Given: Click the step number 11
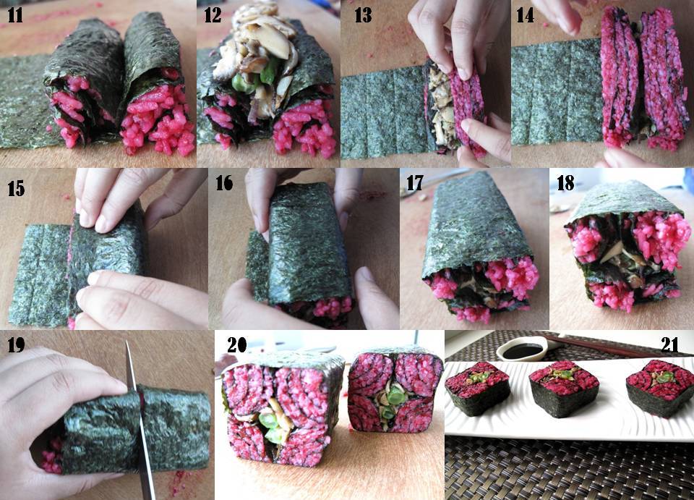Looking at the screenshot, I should click(15, 14).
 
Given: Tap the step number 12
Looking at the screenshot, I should click(213, 14).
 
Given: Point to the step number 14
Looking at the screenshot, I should click(526, 14).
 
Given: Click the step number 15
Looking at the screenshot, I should click(17, 190).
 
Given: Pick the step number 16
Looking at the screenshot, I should click(225, 183).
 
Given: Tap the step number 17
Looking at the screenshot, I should click(414, 183).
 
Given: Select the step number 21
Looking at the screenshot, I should click(669, 344).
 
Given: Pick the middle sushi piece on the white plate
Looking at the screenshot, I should click(565, 387).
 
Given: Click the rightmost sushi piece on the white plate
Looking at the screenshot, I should click(659, 387).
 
